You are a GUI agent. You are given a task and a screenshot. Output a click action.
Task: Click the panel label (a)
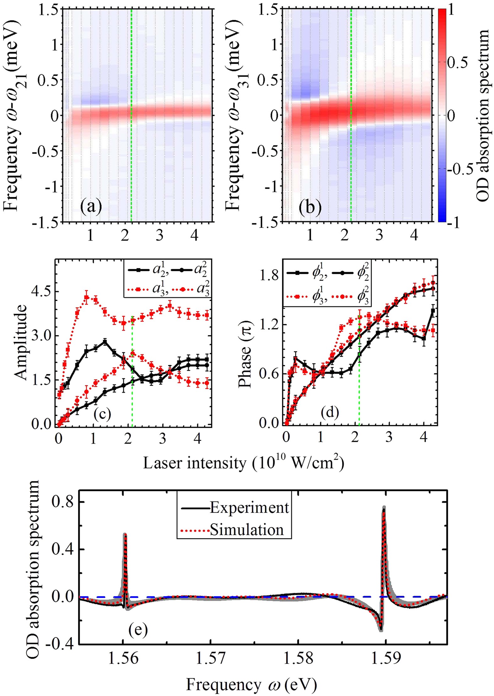pos(91,208)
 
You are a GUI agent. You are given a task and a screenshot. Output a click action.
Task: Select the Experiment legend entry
pos(249,508)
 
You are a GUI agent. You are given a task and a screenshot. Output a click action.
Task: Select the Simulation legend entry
pos(247,530)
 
